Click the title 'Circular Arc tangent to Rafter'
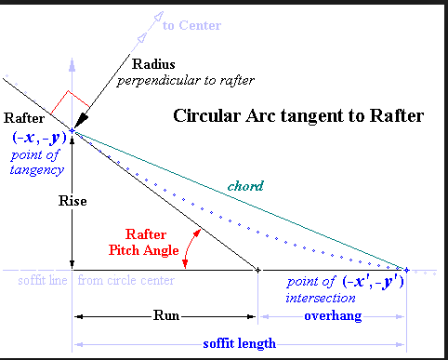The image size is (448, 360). point(298,116)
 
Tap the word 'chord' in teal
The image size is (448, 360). point(245,186)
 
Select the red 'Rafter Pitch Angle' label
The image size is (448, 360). point(144,243)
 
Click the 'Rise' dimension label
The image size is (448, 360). point(72,201)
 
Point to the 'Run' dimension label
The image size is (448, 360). point(166,315)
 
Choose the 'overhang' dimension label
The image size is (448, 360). point(333,316)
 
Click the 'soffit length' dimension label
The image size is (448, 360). point(240,343)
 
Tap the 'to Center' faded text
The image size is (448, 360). point(192,25)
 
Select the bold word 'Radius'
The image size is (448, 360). point(153,64)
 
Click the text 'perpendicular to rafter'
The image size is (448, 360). point(186,81)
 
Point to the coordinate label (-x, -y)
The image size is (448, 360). point(39,138)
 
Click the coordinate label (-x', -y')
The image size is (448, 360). point(374,282)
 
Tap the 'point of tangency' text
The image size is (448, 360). point(35,163)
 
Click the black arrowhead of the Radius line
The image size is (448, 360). point(81,121)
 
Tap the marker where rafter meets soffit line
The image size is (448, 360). point(257,271)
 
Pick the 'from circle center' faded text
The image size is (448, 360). point(126,281)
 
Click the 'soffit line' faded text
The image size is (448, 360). point(43,281)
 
